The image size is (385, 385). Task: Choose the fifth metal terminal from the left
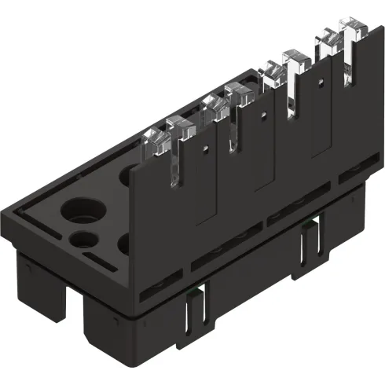pos(271,74)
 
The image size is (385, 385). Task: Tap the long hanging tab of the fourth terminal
pos(233,130)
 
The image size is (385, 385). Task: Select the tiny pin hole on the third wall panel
pos(319,79)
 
